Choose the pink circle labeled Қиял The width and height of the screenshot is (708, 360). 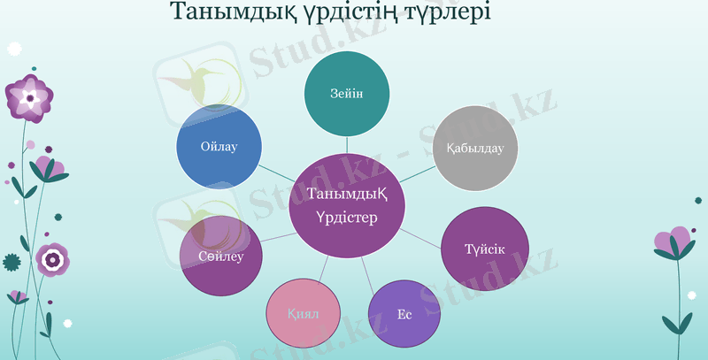click(x=303, y=314)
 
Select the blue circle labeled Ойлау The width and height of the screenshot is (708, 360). click(x=219, y=146)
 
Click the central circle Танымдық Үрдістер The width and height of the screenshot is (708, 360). click(x=348, y=205)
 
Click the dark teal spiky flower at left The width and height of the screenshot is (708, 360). click(x=12, y=262)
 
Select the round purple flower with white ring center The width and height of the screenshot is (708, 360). click(x=54, y=258)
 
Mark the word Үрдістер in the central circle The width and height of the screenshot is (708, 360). click(x=346, y=218)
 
